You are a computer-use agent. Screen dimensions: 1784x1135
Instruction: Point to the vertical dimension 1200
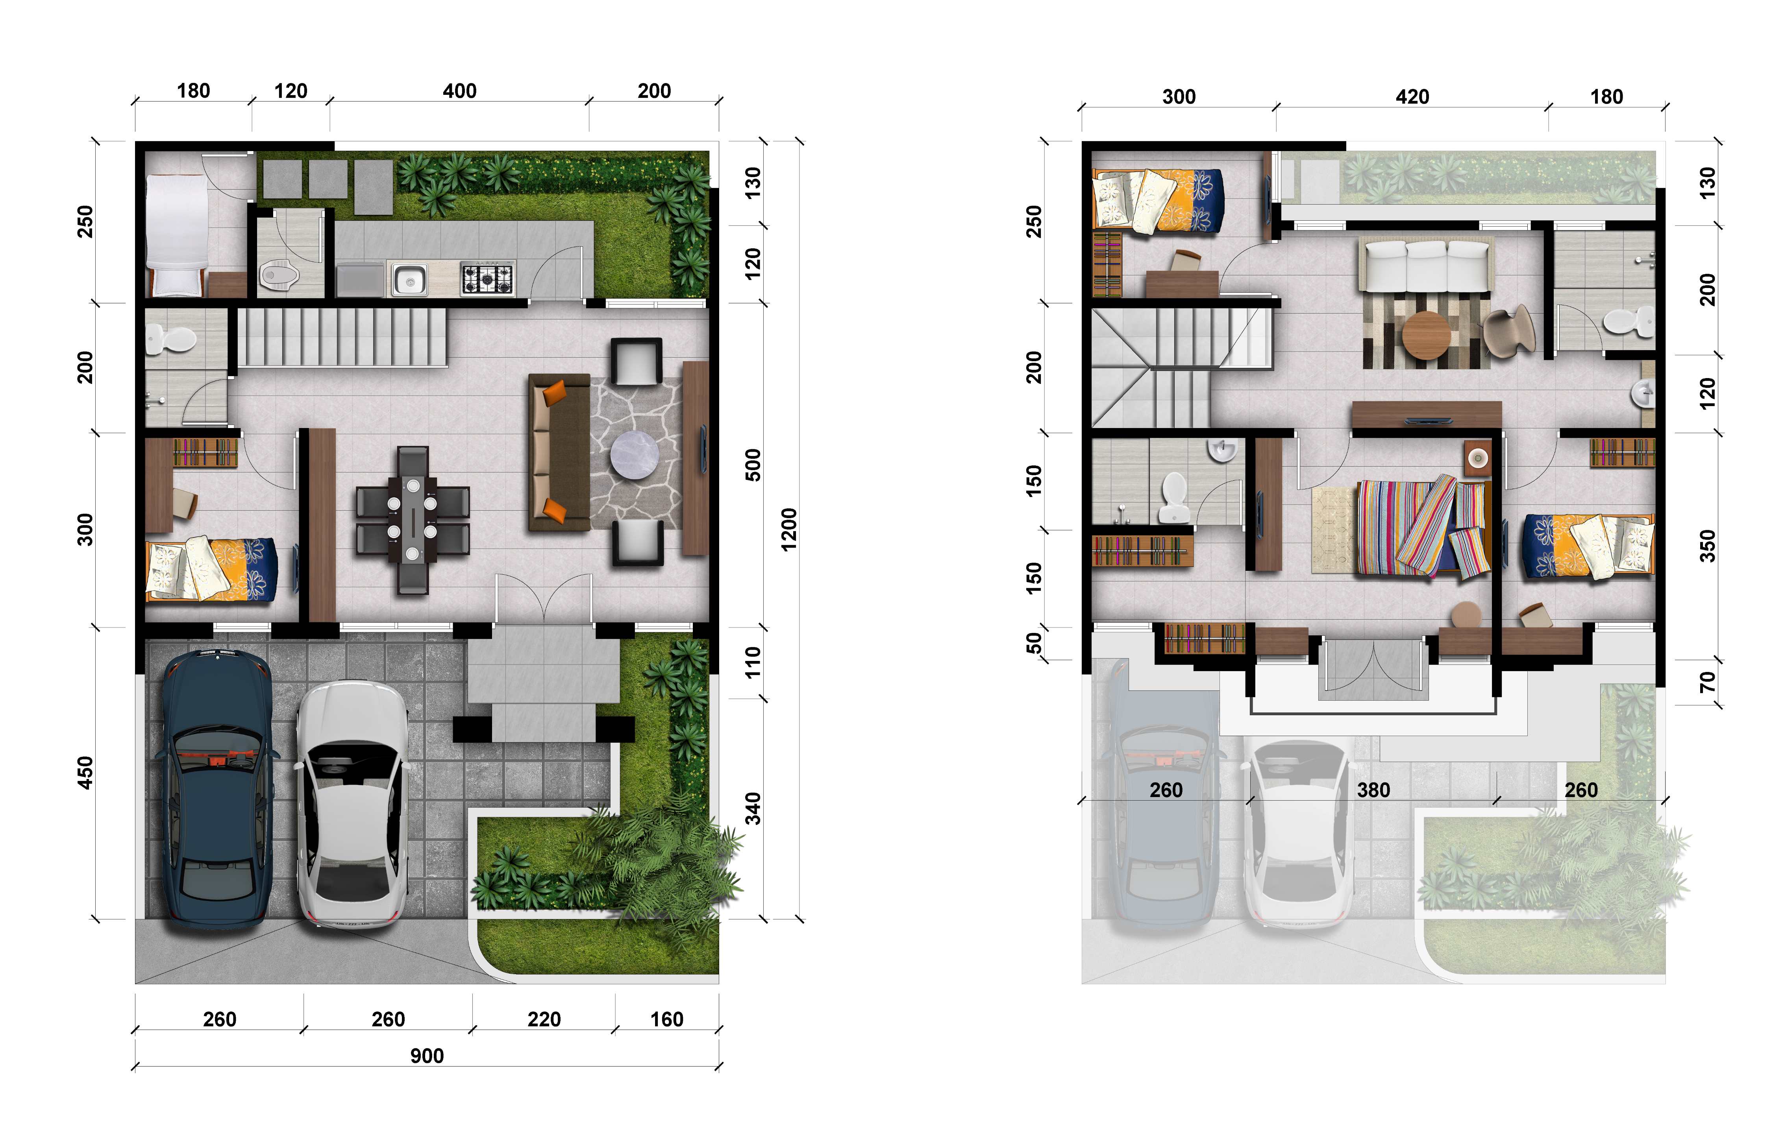tap(789, 530)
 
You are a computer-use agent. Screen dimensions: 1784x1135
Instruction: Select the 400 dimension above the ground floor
tap(459, 91)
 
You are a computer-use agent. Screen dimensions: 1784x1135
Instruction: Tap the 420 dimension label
tap(1412, 97)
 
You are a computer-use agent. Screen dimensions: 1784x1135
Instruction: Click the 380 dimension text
tap(1373, 790)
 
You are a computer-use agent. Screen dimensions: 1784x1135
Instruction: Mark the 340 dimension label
tap(753, 808)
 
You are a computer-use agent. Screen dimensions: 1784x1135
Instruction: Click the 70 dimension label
tap(1707, 682)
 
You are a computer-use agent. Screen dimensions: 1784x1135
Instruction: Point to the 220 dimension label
tap(544, 1019)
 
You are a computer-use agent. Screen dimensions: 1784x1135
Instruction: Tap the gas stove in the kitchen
tap(487, 279)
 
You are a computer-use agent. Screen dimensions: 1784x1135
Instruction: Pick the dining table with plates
tap(413, 520)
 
